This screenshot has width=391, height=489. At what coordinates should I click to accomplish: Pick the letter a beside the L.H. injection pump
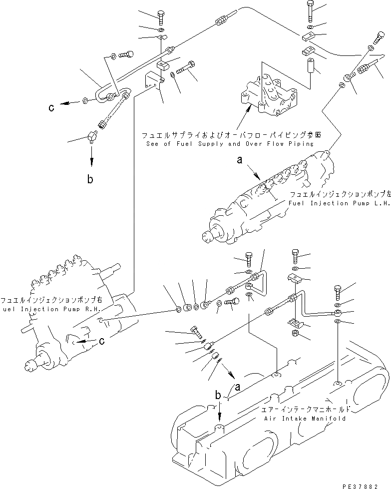[x=240, y=160]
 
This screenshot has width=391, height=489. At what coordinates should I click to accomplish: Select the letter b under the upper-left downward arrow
[x=90, y=179]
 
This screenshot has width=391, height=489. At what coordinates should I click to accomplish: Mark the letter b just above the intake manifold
[x=218, y=395]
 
